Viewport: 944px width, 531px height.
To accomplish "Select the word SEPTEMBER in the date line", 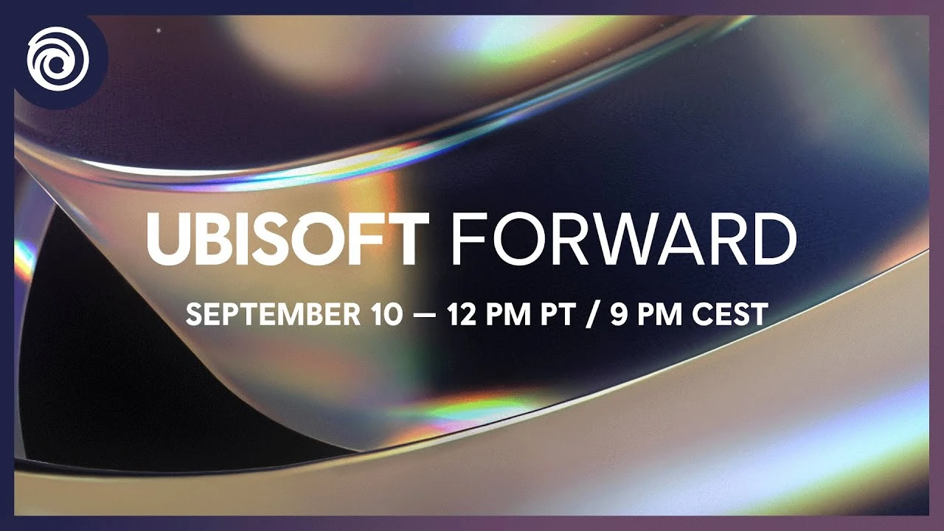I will tap(272, 315).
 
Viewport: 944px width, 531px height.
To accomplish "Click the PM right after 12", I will tap(507, 315).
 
